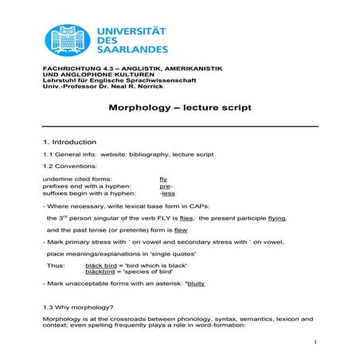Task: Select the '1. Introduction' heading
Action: [70, 141]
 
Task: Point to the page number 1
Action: [315, 343]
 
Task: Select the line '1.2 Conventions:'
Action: [70, 166]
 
